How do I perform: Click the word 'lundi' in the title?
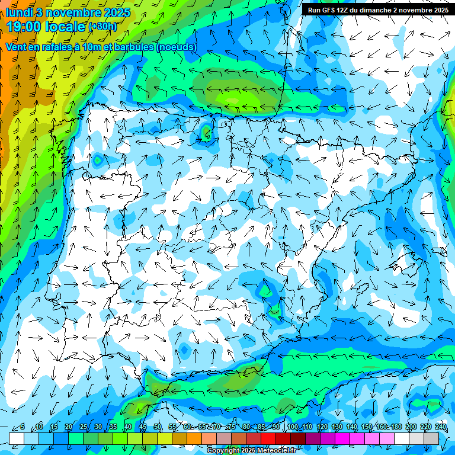click(x=20, y=12)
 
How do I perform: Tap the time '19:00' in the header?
click(x=23, y=26)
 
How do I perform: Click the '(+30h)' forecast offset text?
click(x=103, y=27)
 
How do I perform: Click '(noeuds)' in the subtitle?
click(x=176, y=47)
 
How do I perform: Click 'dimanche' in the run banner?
click(x=375, y=10)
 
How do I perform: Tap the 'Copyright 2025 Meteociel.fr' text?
click(x=251, y=451)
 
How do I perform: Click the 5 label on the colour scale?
click(x=23, y=427)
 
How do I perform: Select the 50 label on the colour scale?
click(x=158, y=427)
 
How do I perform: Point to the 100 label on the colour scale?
click(x=292, y=427)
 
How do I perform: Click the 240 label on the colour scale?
click(x=441, y=427)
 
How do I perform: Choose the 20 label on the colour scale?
click(x=69, y=427)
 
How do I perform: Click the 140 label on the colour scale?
click(x=352, y=427)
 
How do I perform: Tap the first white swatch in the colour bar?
click(x=17, y=438)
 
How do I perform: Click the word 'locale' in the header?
click(x=65, y=26)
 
